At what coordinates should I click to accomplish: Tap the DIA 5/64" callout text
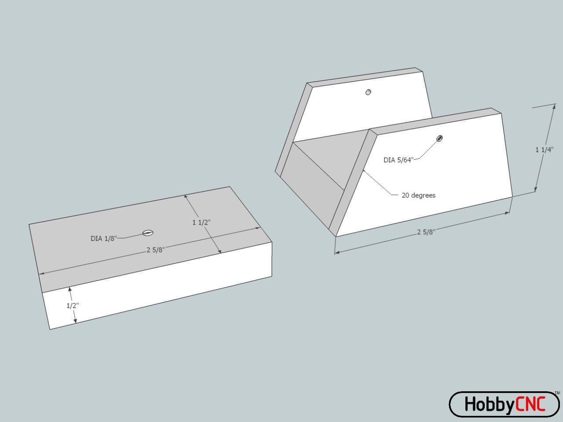(x=398, y=160)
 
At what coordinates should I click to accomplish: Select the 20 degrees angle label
(x=418, y=195)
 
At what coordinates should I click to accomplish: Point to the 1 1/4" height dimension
(x=544, y=150)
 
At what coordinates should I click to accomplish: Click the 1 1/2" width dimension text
(x=201, y=222)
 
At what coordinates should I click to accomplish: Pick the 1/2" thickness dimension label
(x=73, y=306)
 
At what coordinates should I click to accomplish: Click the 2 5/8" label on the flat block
(x=156, y=250)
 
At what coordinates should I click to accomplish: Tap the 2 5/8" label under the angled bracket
(x=426, y=232)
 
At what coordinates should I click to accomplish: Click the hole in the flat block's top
(x=148, y=233)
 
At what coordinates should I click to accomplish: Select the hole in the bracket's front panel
(x=439, y=138)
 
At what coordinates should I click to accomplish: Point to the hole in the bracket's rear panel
(x=368, y=92)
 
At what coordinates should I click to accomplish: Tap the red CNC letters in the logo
(x=530, y=404)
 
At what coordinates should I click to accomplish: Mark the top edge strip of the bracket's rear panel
(x=365, y=76)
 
